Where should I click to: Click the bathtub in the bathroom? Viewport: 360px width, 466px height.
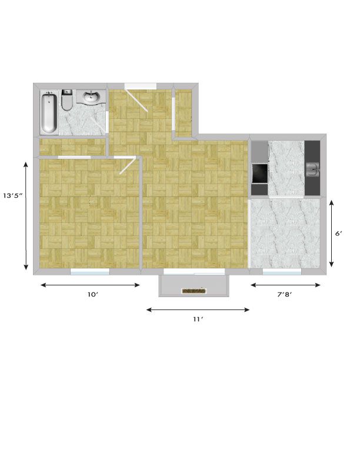[49, 113]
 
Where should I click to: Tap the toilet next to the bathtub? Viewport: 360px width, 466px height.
[66, 101]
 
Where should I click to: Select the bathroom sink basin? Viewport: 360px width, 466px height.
[91, 96]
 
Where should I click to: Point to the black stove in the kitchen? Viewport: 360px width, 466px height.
[259, 173]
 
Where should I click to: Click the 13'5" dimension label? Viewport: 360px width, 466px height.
[13, 195]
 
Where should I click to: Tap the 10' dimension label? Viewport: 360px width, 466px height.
[93, 294]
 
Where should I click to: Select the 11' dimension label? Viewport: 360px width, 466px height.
[198, 319]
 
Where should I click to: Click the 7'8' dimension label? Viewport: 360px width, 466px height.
[284, 294]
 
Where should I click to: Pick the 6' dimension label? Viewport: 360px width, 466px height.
[339, 234]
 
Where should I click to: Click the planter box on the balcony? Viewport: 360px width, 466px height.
[194, 291]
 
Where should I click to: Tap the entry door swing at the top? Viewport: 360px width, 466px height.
[136, 100]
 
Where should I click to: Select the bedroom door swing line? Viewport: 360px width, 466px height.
[128, 166]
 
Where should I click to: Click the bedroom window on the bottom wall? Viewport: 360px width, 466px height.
[90, 271]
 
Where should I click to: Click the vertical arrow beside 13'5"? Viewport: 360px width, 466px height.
[26, 216]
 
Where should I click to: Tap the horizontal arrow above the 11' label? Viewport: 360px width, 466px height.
[198, 309]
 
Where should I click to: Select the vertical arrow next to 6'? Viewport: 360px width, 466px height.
[332, 234]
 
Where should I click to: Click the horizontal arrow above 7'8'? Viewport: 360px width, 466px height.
[285, 285]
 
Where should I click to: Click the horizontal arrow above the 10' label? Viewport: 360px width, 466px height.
[90, 285]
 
